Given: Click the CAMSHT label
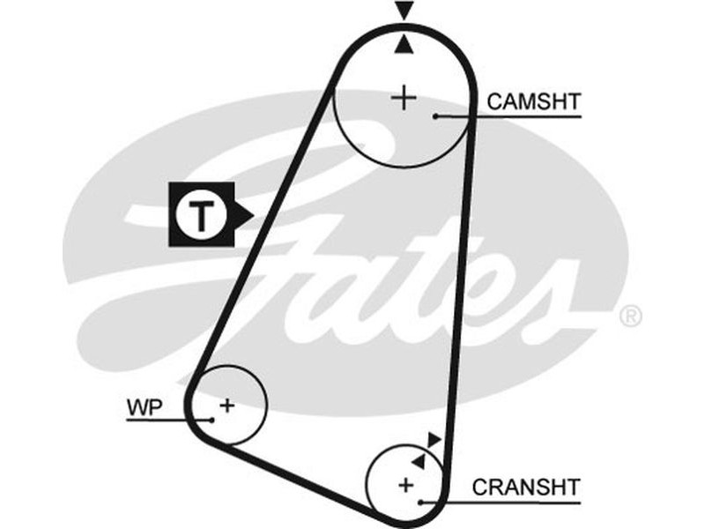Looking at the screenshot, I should tap(534, 102).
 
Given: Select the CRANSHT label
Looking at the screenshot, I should tap(526, 487).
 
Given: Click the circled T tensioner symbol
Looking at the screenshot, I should tap(202, 214).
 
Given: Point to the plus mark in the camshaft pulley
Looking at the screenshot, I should tap(404, 97).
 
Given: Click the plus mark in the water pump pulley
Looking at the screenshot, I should tap(227, 406).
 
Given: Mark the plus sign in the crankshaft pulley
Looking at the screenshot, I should tap(405, 484).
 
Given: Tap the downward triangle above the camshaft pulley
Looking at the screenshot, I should tap(404, 11).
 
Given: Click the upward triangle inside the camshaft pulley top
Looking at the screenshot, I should tap(404, 44).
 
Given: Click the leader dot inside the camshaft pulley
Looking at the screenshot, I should tap(435, 115).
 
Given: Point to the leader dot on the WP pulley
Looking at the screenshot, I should tap(211, 420).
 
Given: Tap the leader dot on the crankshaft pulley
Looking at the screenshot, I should tap(422, 502).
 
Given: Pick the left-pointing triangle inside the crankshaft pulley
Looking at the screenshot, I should tap(418, 460).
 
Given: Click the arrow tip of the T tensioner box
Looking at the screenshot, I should tap(251, 214).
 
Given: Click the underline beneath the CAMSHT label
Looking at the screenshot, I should tap(529, 116).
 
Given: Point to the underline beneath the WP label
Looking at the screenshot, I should tap(154, 420).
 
